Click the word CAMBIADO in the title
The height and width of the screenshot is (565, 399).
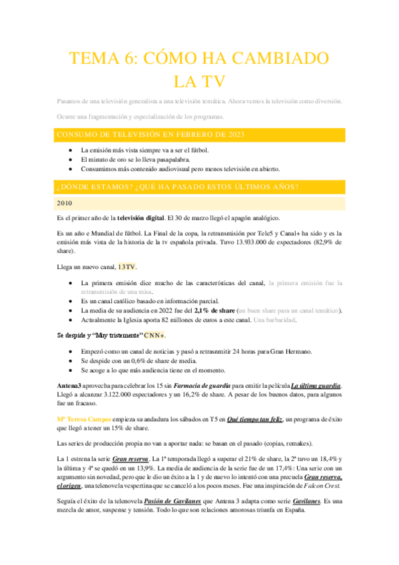click(282, 58)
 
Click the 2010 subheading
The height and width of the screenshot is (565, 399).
click(65, 203)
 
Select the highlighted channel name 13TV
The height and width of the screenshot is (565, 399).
click(127, 267)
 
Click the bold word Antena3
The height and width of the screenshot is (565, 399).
click(70, 386)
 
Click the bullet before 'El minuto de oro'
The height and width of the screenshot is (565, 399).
click(71, 161)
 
